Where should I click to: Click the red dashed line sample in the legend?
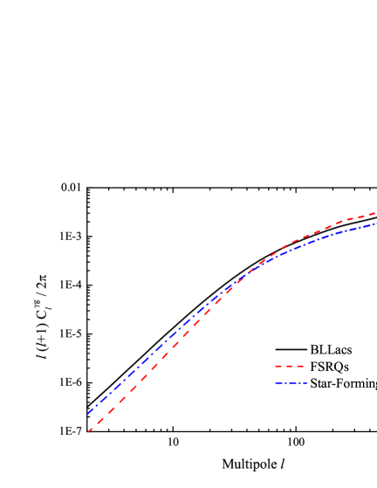click(289, 366)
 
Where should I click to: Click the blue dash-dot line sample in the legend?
click(291, 382)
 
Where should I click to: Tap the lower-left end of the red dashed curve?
click(88, 431)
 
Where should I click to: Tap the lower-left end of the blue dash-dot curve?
click(87, 414)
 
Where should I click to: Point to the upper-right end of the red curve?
click(374, 213)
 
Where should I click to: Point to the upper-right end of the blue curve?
click(376, 223)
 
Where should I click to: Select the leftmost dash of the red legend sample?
click(278, 366)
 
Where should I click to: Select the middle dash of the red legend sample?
click(289, 366)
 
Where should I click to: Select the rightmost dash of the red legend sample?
click(300, 366)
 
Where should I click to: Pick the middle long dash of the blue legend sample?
click(292, 382)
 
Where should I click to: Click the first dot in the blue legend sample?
click(285, 382)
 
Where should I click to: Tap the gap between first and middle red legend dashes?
click(284, 366)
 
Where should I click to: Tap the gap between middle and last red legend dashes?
click(295, 366)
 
